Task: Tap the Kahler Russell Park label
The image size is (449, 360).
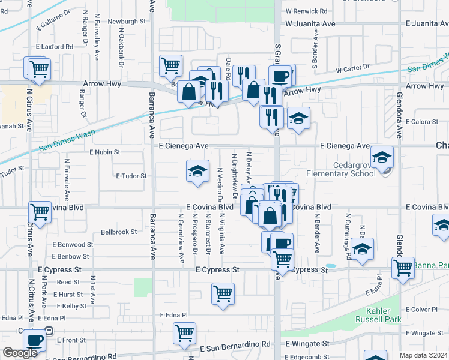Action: (384, 315)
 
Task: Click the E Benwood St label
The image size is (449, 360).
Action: (73, 245)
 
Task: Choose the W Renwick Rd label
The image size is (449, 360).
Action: (307, 11)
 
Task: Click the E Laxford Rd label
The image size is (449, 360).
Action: (54, 46)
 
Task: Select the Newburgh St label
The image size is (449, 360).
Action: (127, 22)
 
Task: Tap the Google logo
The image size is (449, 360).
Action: (20, 353)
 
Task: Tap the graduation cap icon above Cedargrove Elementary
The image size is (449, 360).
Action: (381, 157)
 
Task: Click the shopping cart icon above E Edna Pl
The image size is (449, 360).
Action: (223, 294)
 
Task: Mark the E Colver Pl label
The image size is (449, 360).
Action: (425, 310)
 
